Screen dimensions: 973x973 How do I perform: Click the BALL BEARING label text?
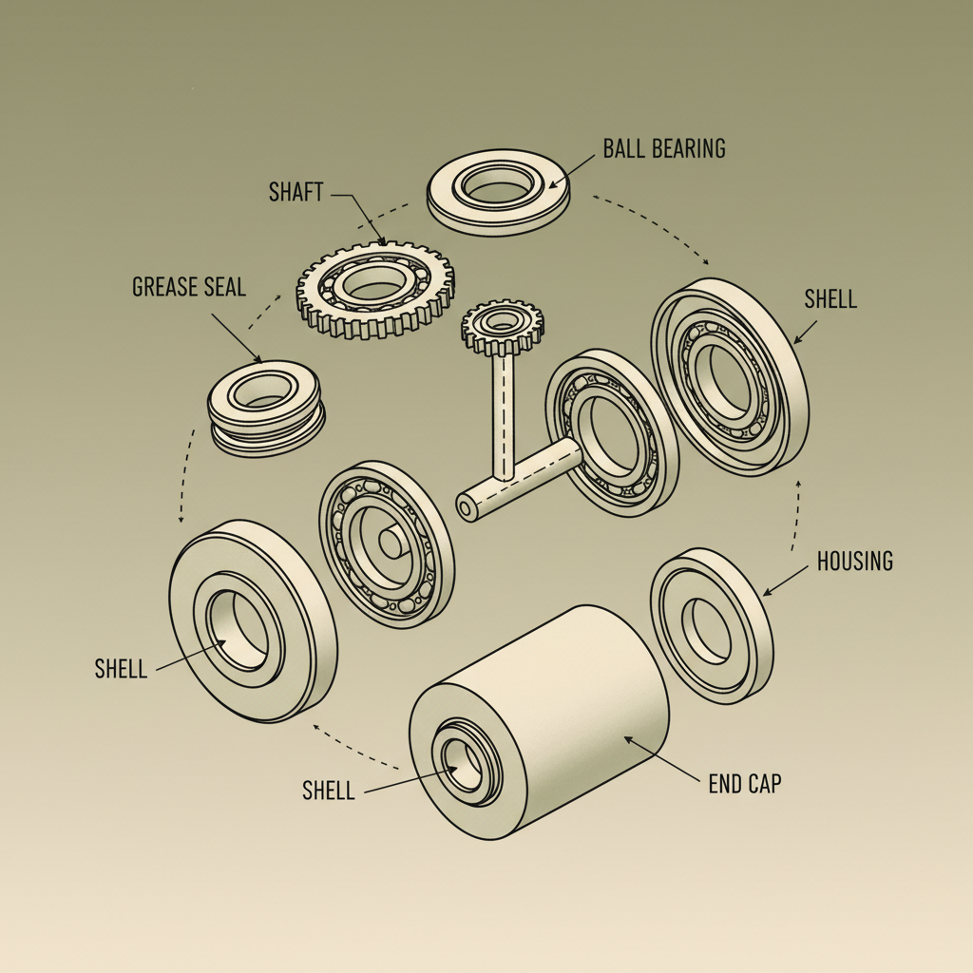click(x=663, y=148)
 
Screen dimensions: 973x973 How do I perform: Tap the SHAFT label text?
click(x=296, y=193)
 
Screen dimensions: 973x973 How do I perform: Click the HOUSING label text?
click(x=854, y=562)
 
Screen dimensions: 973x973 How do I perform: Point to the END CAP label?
click(x=745, y=785)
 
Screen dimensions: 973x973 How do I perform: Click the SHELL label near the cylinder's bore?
click(x=328, y=791)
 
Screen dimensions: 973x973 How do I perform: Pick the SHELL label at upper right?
click(x=830, y=299)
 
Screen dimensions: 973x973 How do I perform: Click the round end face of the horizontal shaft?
click(x=466, y=507)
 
